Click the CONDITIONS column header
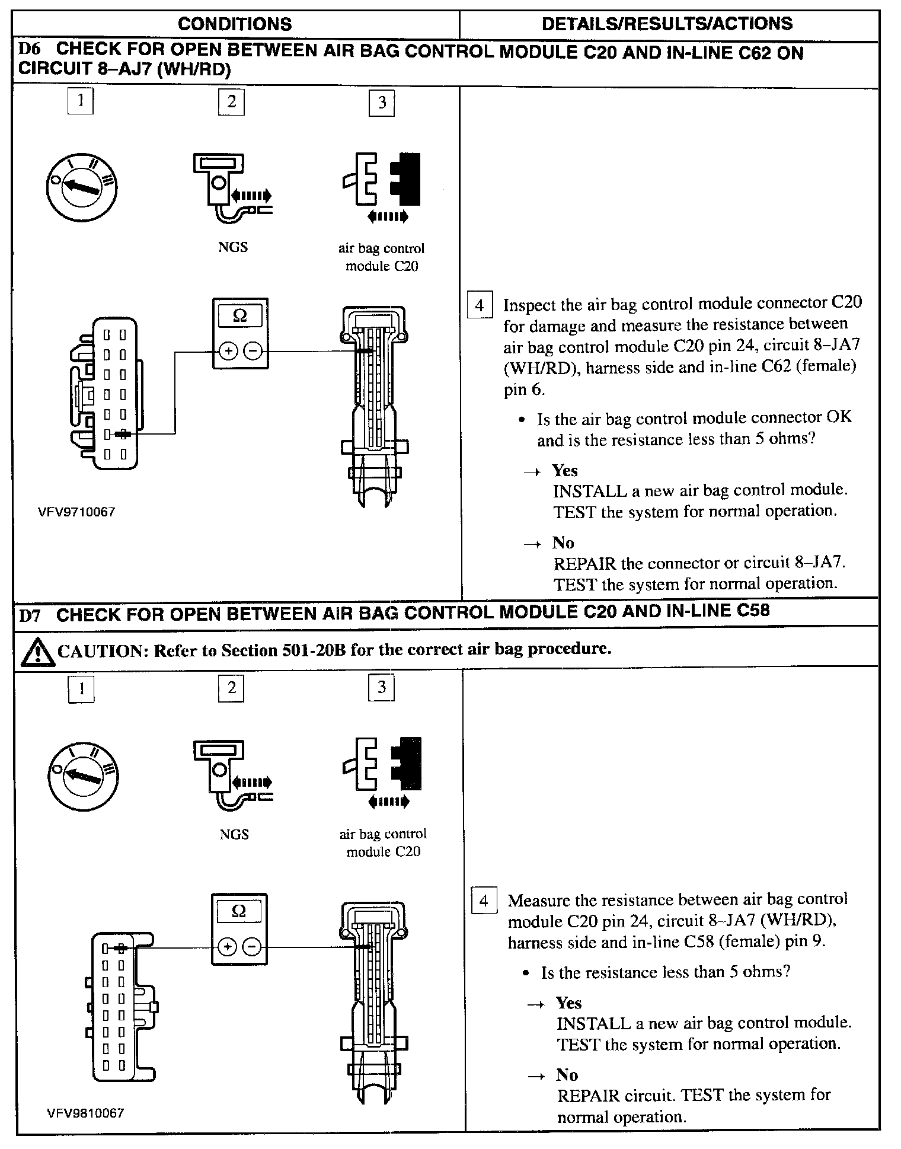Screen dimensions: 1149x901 (x=235, y=24)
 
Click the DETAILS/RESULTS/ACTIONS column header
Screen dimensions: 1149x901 (x=667, y=24)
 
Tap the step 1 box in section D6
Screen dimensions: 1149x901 (x=81, y=100)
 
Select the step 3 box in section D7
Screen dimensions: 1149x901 (x=382, y=687)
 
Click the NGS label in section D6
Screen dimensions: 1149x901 (x=233, y=247)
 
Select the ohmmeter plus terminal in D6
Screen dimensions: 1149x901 (x=228, y=352)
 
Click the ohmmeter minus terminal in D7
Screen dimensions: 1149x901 (x=252, y=947)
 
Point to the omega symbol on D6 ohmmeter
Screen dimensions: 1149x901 (x=239, y=316)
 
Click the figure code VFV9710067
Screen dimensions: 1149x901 (x=76, y=512)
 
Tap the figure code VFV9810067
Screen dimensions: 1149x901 (x=86, y=1113)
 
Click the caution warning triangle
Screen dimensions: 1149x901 (x=37, y=652)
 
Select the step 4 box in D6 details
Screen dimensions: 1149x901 (x=480, y=306)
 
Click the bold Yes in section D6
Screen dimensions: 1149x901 (x=565, y=471)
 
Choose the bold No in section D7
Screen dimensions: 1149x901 (x=567, y=1075)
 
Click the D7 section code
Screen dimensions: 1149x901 (x=30, y=615)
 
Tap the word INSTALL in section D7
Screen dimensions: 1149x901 (x=585, y=1023)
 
